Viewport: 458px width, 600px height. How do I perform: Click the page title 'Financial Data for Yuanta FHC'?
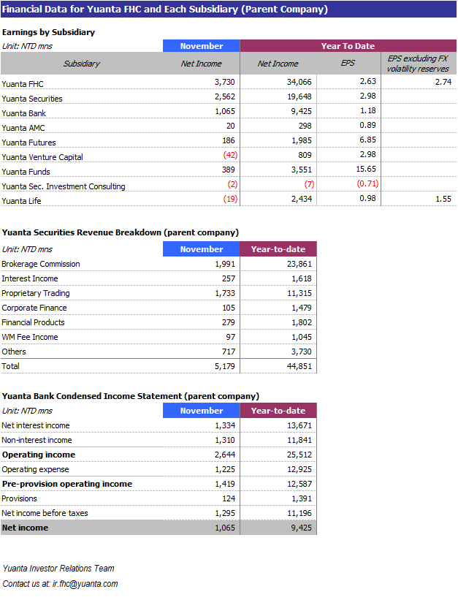pyautogui.click(x=165, y=10)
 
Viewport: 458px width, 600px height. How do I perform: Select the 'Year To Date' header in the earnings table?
pyautogui.click(x=347, y=46)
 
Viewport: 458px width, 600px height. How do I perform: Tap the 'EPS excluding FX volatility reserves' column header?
pyautogui.click(x=418, y=64)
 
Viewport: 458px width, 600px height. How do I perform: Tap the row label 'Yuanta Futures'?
pyautogui.click(x=28, y=143)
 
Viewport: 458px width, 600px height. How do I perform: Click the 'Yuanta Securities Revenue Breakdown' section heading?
pyautogui.click(x=121, y=232)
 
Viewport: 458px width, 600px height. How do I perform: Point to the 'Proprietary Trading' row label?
pyautogui.click(x=36, y=293)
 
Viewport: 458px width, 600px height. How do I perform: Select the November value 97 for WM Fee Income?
pyautogui.click(x=231, y=337)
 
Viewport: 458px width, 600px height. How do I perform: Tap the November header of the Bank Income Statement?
pyautogui.click(x=202, y=411)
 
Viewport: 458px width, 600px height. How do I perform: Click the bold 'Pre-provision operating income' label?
pyautogui.click(x=67, y=484)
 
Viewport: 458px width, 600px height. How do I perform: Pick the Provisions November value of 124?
pyautogui.click(x=228, y=498)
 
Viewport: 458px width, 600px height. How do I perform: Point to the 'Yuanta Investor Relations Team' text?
pyautogui.click(x=58, y=569)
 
